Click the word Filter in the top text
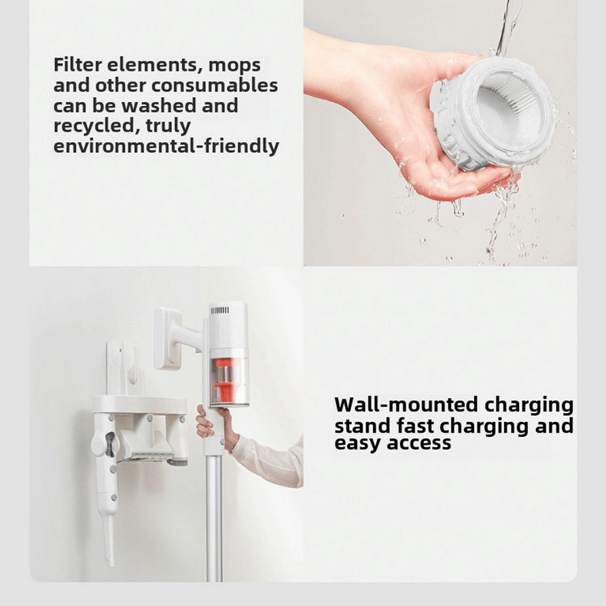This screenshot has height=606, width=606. pos(77,65)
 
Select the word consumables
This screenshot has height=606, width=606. pos(215,85)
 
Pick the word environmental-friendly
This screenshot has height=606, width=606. pos(166,146)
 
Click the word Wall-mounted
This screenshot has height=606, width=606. pos(406,405)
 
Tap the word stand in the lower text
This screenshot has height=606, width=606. pos(362,426)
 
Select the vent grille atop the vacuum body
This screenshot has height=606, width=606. pos(220,310)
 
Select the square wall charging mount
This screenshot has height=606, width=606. pos(166,338)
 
